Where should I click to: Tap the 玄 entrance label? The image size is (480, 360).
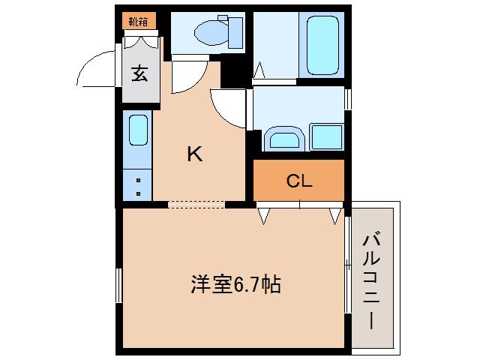pos(139,73)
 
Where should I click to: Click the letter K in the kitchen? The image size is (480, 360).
pos(194,154)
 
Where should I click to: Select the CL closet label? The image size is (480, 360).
pos(298,181)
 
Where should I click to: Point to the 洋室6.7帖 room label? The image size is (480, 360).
pos(235,284)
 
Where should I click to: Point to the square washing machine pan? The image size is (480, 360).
pos(326,137)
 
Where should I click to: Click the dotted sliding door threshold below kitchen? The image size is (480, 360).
pos(196,203)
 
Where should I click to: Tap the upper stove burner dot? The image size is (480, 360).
pos(139,180)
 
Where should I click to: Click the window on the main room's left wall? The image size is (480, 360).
pos(118,285)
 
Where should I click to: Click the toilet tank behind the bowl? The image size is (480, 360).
pos(235,32)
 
